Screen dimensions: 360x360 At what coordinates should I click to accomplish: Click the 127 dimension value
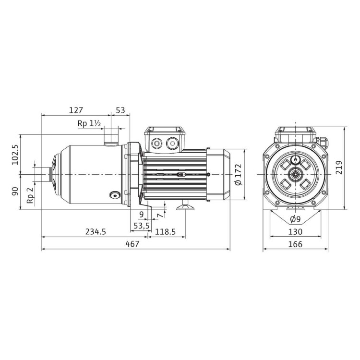click(76, 110)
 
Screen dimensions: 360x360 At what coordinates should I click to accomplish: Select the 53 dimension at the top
click(120, 110)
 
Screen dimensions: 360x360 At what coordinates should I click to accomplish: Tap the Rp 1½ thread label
click(89, 124)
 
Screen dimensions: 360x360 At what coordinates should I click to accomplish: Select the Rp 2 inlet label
click(30, 195)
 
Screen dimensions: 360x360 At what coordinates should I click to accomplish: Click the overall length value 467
click(132, 244)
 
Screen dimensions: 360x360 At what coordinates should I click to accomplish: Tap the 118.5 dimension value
click(165, 232)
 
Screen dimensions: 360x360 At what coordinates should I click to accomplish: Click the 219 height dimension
click(339, 168)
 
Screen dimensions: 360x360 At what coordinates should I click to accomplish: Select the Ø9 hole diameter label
click(296, 219)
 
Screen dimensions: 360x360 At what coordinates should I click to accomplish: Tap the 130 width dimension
click(296, 232)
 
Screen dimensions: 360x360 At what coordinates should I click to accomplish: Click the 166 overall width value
click(296, 244)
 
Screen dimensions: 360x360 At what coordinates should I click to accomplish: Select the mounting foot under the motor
click(184, 207)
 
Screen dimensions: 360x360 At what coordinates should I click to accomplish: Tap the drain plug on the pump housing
click(114, 195)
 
